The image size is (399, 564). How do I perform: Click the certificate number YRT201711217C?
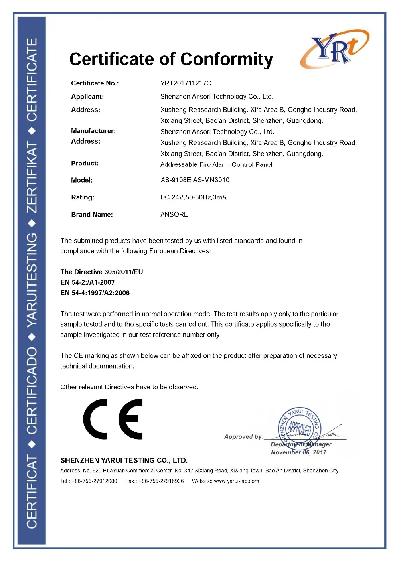186,83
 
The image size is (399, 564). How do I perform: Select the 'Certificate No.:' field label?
95,83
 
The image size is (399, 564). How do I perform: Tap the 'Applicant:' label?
87,97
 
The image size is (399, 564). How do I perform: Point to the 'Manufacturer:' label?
93,131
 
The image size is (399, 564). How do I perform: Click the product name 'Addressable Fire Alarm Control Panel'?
216,164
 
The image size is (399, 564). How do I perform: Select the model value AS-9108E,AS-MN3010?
195,180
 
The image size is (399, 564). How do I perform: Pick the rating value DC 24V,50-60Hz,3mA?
193,197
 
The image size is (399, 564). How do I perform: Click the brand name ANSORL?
174,214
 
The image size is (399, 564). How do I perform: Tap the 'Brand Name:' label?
92,215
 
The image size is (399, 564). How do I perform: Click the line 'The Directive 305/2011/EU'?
102,272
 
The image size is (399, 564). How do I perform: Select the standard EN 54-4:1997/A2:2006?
95,293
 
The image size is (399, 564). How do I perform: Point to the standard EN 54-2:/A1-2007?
87,282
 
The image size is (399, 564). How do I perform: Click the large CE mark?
113,419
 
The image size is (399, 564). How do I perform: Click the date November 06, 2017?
298,452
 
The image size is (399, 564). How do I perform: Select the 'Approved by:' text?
243,437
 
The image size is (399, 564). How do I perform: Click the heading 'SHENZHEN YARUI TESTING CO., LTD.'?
124,460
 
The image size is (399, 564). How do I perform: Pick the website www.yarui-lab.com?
236,481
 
